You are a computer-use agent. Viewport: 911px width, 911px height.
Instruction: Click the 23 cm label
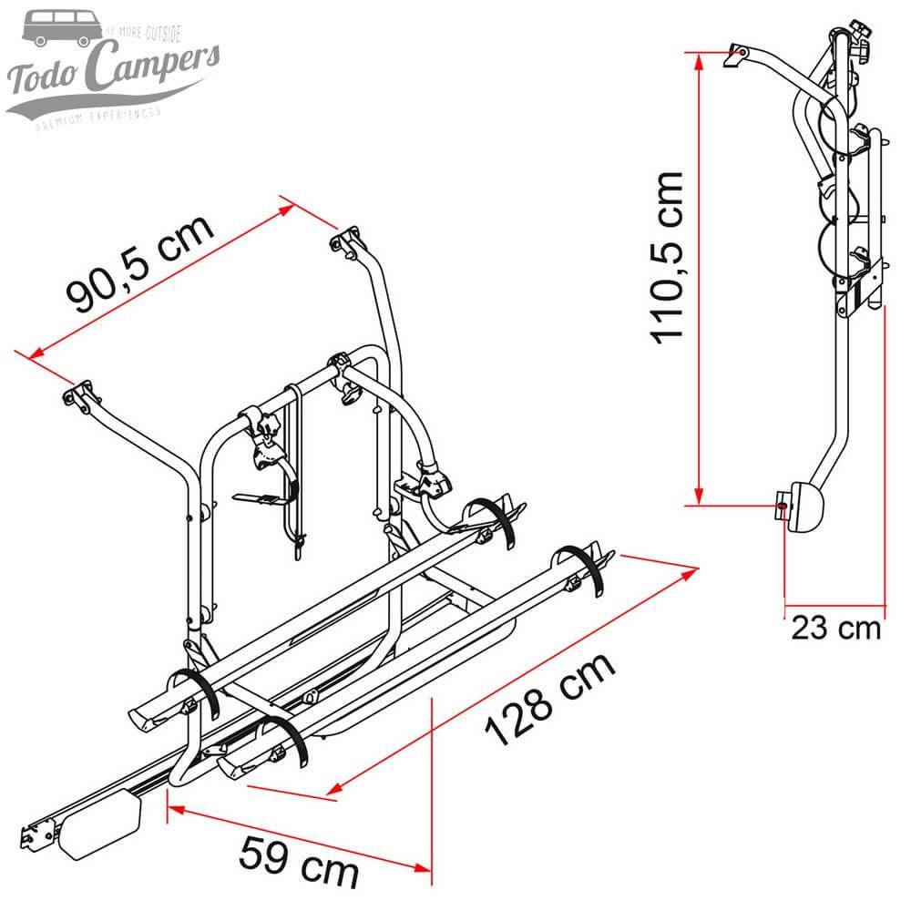(x=835, y=629)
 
